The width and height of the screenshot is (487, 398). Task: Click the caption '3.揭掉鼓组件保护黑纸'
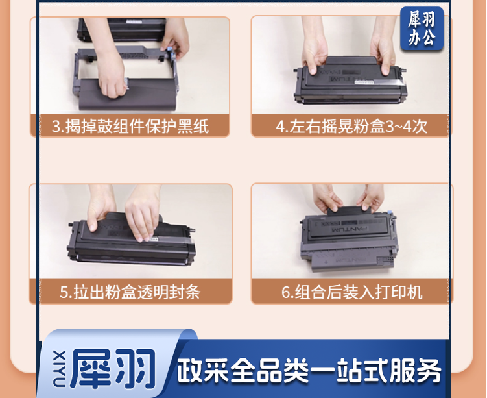pyautogui.click(x=130, y=126)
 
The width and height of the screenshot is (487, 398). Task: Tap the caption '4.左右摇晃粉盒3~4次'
pyautogui.click(x=351, y=126)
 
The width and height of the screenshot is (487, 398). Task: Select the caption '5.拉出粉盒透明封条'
pyautogui.click(x=130, y=292)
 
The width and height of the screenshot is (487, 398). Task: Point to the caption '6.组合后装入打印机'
pyautogui.click(x=352, y=292)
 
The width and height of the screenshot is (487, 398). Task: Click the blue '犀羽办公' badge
pyautogui.click(x=422, y=29)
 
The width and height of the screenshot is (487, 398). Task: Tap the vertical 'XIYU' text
pyautogui.click(x=59, y=369)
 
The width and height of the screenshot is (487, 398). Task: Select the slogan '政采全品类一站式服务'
pyautogui.click(x=309, y=371)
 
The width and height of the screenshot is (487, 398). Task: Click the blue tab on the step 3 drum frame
pyautogui.click(x=170, y=50)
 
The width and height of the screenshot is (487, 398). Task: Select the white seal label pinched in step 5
pyautogui.click(x=154, y=239)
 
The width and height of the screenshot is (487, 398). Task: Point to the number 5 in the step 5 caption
pyautogui.click(x=64, y=293)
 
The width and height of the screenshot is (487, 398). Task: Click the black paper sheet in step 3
pyautogui.click(x=127, y=95)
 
